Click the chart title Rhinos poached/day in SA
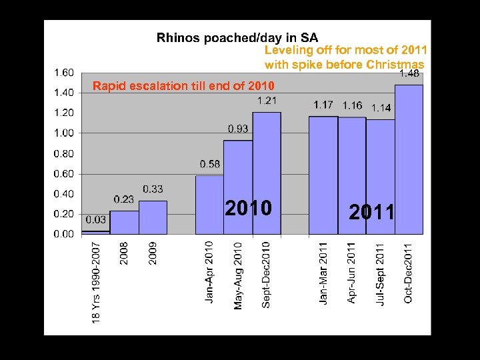pos(237,38)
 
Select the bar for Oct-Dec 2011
pos(409,160)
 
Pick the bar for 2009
pos(153,217)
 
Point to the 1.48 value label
pos(409,74)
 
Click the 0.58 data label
pos(210,164)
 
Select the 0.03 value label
pos(95,219)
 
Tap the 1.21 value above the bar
pos(267,101)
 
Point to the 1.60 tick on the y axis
pos(64,72)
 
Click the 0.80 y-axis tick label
pos(64,153)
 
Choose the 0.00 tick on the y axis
pos(64,234)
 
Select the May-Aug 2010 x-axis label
pos(238,275)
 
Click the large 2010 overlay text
pos(248,209)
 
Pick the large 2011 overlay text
pos(372,213)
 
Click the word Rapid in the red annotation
pos(108,86)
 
